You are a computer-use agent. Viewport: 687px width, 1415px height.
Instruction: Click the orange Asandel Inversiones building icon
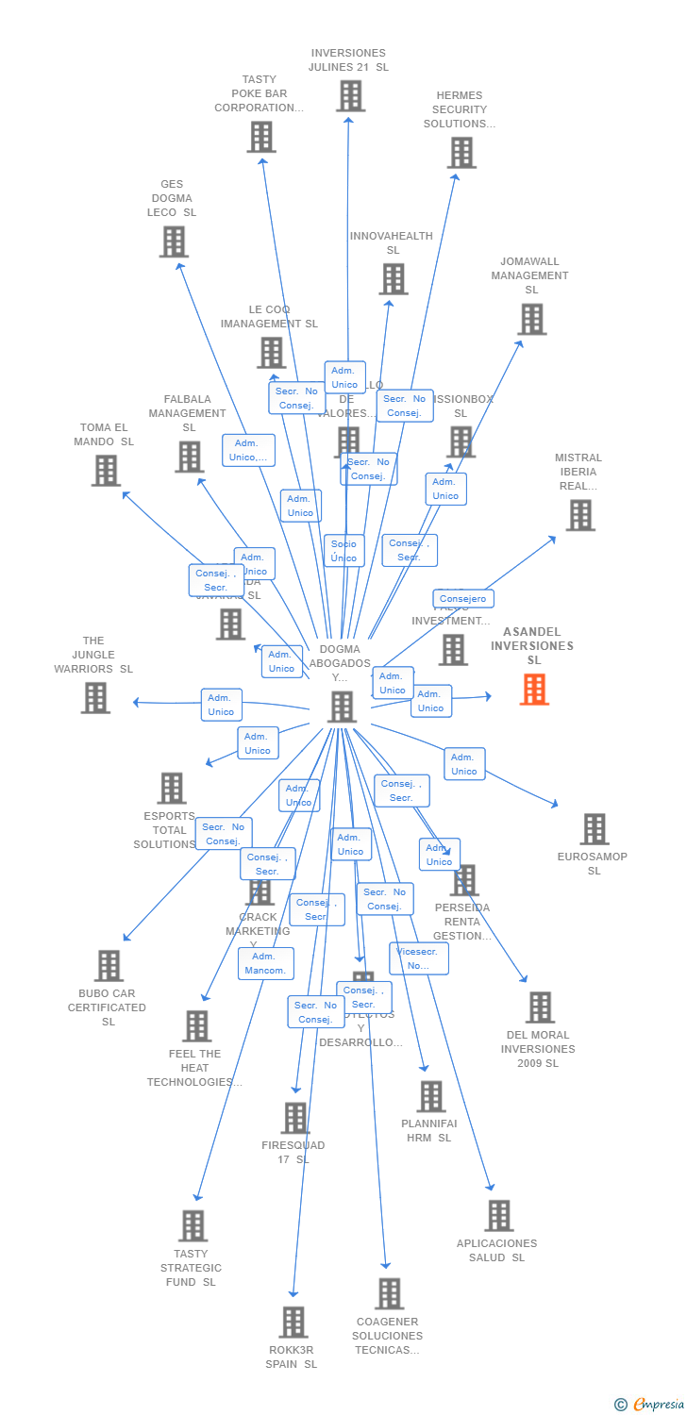click(534, 690)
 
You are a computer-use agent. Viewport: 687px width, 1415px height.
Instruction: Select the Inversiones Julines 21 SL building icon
click(350, 96)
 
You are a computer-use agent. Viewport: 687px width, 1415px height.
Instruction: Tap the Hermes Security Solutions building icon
click(461, 153)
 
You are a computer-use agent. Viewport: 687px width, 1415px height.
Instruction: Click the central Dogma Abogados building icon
click(342, 707)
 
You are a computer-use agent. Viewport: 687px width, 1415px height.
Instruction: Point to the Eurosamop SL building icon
click(594, 829)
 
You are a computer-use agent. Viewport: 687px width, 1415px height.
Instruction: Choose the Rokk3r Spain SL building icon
click(293, 1322)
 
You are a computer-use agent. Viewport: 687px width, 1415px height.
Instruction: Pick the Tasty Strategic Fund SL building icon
click(193, 1225)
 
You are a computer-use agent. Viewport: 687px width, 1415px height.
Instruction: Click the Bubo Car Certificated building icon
click(109, 966)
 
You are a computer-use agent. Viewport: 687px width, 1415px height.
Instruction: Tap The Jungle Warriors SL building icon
click(95, 698)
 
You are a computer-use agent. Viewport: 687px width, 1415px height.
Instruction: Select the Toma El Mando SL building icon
click(106, 471)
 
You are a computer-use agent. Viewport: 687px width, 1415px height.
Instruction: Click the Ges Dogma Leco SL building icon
click(174, 241)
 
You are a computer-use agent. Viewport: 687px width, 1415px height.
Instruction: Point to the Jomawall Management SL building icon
click(531, 320)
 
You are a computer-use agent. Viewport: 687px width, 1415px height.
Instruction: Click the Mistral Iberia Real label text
click(578, 472)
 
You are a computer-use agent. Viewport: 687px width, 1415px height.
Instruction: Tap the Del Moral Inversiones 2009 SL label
click(539, 1049)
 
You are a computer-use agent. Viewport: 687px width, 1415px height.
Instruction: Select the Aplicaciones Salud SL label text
click(496, 1250)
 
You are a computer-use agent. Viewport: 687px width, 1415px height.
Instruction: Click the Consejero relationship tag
click(463, 599)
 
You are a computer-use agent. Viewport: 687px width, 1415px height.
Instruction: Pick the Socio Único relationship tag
click(343, 551)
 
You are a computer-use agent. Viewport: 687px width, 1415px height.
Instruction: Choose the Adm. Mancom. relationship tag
click(266, 963)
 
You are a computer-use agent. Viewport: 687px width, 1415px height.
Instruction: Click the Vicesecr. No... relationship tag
click(418, 958)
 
